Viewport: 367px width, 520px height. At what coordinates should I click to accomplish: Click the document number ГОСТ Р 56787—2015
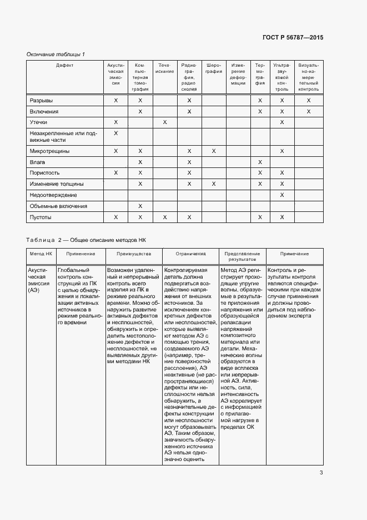coord(293,37)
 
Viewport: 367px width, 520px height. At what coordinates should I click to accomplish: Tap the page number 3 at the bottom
coord(321,473)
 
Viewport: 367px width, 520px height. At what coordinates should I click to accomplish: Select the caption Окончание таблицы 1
coord(56,54)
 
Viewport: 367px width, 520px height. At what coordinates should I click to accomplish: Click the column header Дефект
coord(64,65)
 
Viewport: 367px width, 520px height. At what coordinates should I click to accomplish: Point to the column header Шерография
coord(213,68)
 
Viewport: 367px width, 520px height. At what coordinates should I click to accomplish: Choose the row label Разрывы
coord(41,101)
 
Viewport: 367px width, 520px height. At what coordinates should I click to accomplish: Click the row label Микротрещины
coord(48,151)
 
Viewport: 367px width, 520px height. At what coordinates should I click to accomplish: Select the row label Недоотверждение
coord(53,195)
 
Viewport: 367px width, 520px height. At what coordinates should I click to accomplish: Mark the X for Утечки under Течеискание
coord(165,122)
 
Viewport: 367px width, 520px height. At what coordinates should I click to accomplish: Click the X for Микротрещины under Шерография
coord(214,151)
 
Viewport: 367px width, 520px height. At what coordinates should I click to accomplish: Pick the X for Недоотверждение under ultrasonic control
coord(282,195)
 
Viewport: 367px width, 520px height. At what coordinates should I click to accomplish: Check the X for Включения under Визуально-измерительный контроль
coord(309,112)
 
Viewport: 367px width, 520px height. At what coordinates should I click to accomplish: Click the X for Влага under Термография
coord(260,162)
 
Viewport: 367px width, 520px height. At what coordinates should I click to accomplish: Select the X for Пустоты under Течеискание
coord(165,217)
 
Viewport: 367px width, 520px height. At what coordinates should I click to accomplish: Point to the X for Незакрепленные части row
coord(116,133)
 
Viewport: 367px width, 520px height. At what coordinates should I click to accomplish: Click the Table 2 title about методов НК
coord(86,240)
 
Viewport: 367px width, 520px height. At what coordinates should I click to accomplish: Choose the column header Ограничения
coord(190,254)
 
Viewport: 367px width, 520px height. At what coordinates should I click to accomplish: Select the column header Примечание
coord(294,254)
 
